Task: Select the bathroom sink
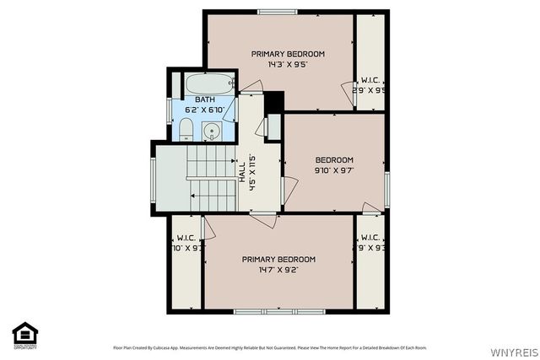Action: pos(212,131)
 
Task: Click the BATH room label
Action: pos(205,100)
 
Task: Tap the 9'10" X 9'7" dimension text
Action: pos(334,170)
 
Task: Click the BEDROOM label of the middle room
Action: pos(334,160)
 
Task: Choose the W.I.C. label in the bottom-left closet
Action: pos(186,238)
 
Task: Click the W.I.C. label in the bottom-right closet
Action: pos(371,238)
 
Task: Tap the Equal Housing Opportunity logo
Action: pos(25,335)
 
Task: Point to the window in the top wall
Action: pos(278,11)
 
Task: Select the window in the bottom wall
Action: pos(267,311)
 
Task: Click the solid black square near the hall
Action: pos(274,102)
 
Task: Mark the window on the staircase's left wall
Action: pos(153,177)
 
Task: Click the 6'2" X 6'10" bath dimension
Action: pos(205,110)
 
